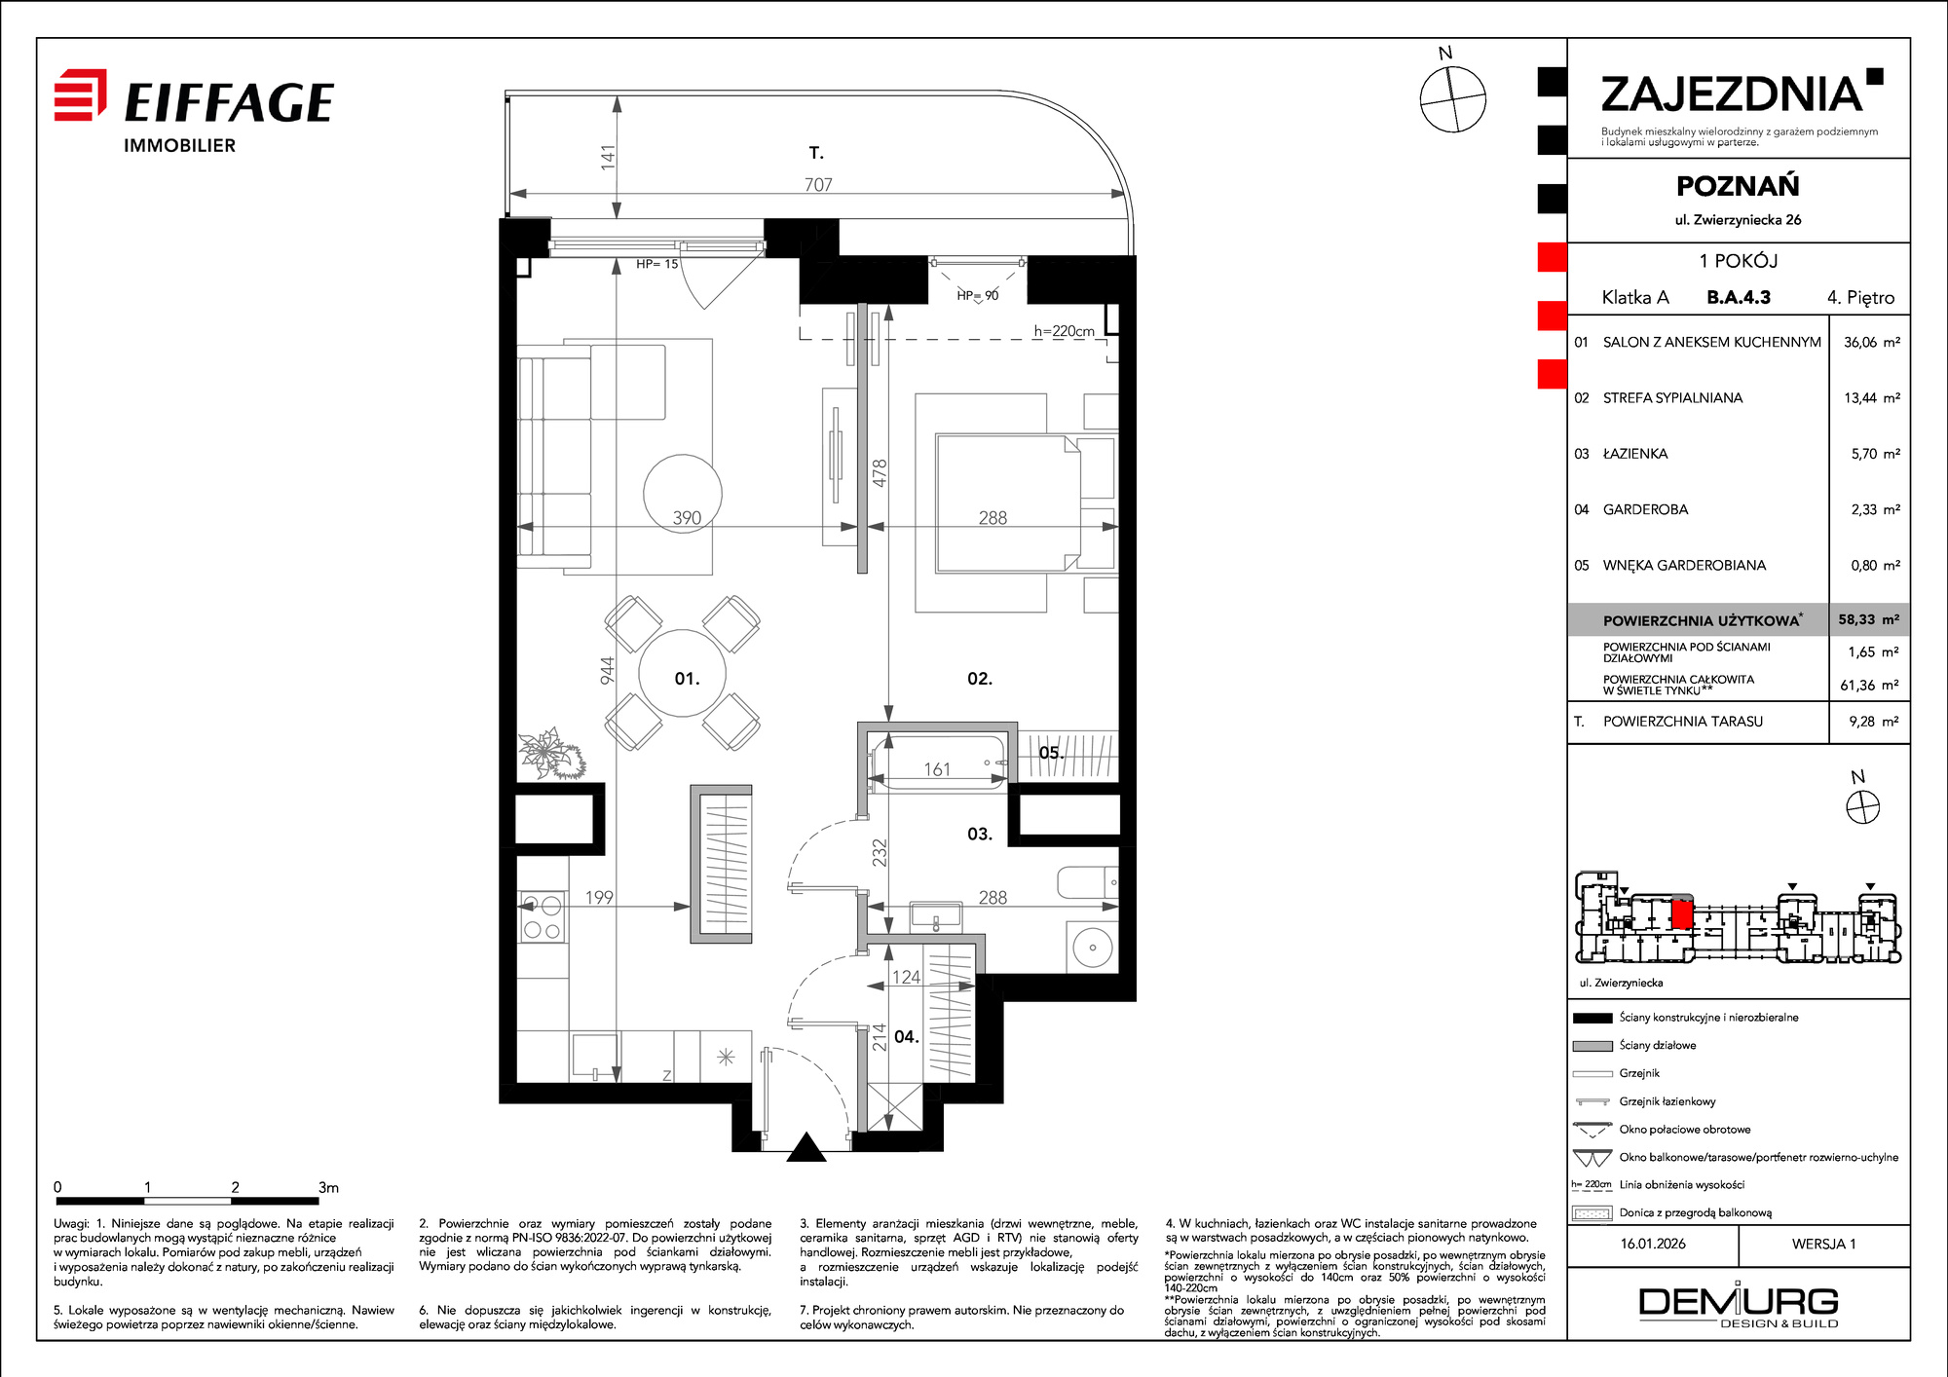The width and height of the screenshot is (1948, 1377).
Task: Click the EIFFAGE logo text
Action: pos(230,102)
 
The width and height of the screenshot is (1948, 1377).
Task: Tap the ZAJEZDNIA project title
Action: pos(1732,94)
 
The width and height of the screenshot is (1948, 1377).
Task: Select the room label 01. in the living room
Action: pos(687,679)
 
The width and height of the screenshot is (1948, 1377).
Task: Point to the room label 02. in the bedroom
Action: pos(980,679)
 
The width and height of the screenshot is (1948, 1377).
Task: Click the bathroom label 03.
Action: pos(980,834)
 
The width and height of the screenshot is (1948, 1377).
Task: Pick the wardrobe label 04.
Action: pos(907,1037)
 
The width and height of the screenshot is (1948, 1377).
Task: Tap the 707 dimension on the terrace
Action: pos(818,184)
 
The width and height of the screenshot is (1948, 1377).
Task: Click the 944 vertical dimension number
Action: pos(607,670)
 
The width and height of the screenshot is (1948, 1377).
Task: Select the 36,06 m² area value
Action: pos(1871,342)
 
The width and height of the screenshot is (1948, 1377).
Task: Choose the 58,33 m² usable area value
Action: pos(1869,619)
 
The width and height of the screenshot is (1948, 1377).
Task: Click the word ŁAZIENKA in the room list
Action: pos(1635,454)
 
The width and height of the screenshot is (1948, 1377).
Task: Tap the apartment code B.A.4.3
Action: pos(1739,297)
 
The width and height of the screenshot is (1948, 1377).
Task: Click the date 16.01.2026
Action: pos(1653,1244)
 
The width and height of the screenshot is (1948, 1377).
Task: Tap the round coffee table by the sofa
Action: pos(683,494)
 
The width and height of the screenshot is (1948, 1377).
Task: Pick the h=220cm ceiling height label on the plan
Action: pos(1064,331)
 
